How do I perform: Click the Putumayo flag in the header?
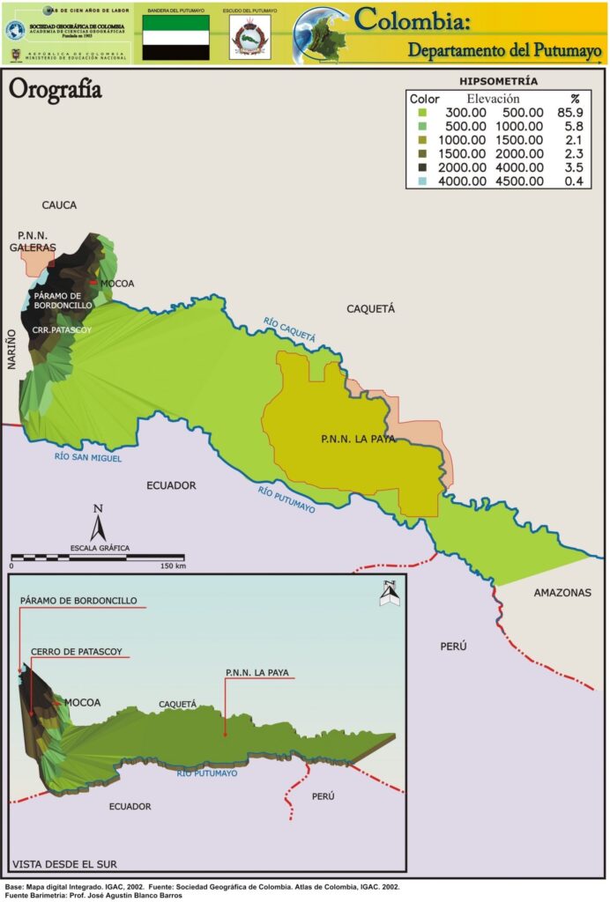tap(176, 37)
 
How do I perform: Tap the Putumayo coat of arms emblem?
tap(249, 40)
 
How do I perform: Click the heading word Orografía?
tap(55, 89)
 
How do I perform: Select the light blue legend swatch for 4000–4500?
tap(422, 181)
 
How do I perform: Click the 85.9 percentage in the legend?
tap(572, 113)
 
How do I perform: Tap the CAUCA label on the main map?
tap(59, 205)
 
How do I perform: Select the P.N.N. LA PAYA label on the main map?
tap(358, 438)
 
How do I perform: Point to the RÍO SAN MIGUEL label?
tap(88, 457)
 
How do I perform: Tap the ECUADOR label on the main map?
tap(171, 485)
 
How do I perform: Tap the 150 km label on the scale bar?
tap(173, 566)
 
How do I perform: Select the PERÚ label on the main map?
tap(453, 647)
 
